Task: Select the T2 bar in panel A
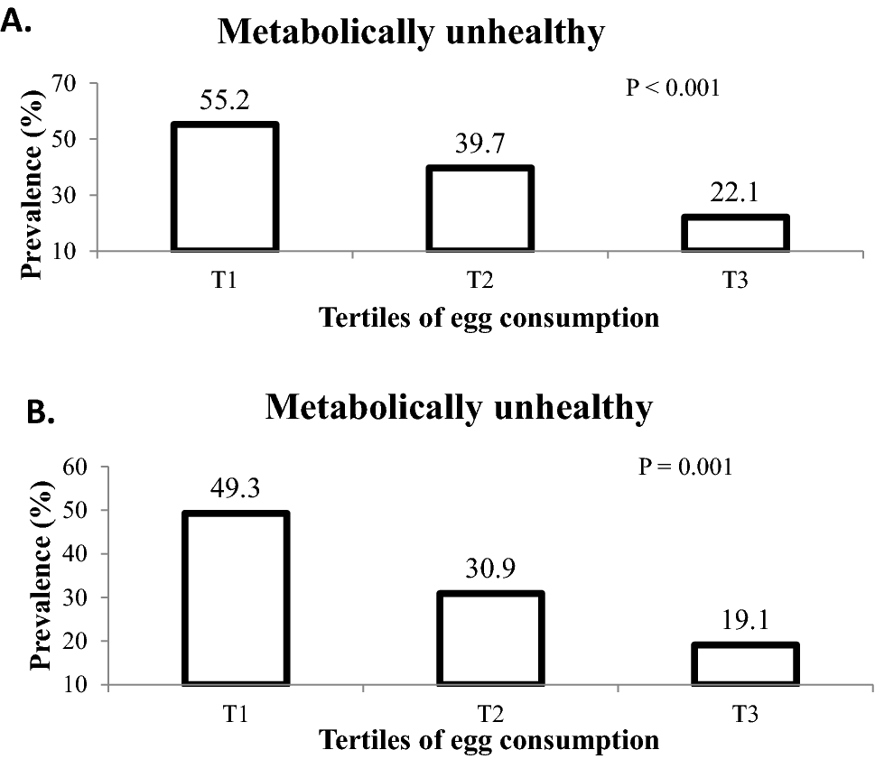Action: pyautogui.click(x=479, y=208)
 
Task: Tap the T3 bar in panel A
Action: pyautogui.click(x=735, y=233)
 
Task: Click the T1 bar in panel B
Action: pyautogui.click(x=236, y=598)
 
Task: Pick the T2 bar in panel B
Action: pyautogui.click(x=491, y=638)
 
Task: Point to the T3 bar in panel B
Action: pyautogui.click(x=746, y=663)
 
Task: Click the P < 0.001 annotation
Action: pyautogui.click(x=673, y=88)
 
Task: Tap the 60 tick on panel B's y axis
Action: pyautogui.click(x=76, y=467)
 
